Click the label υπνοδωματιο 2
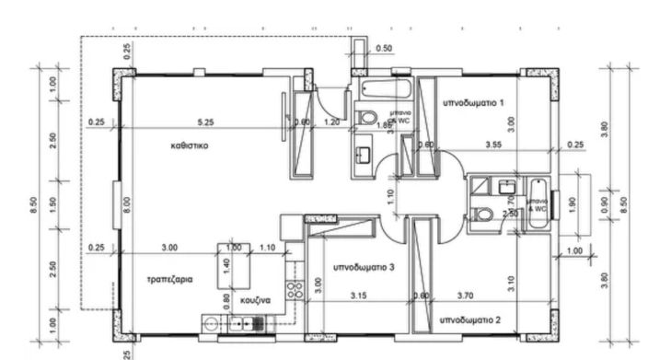(469, 320)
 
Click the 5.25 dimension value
(205, 122)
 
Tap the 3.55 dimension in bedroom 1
(494, 145)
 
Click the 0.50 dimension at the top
(384, 48)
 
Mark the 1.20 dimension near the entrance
(332, 122)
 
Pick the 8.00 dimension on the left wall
(127, 201)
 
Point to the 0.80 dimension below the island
(228, 299)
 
